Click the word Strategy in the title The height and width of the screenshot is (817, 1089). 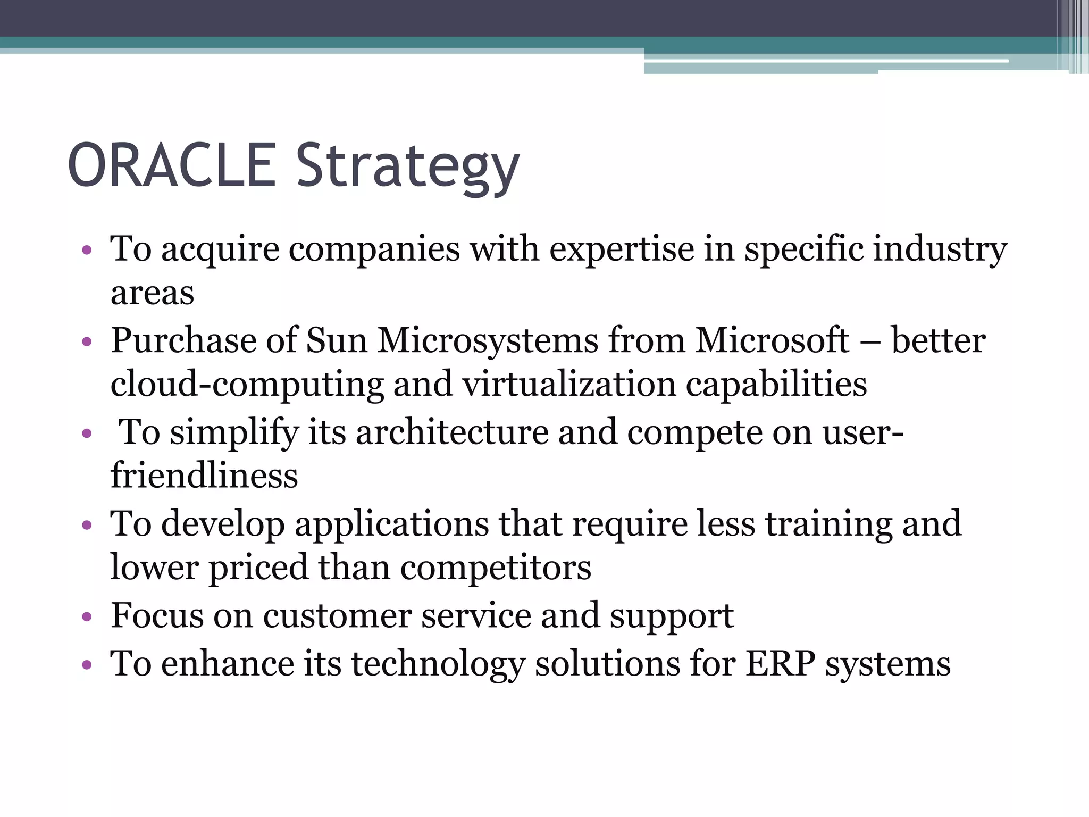[407, 168]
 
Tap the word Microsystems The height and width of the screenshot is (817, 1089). [488, 340]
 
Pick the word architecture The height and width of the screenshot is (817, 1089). [452, 432]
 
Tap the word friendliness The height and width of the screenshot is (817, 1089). [204, 476]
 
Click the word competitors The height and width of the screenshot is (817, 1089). [496, 568]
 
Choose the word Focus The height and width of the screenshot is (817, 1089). [157, 616]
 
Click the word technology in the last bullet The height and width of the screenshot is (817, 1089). [438, 665]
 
